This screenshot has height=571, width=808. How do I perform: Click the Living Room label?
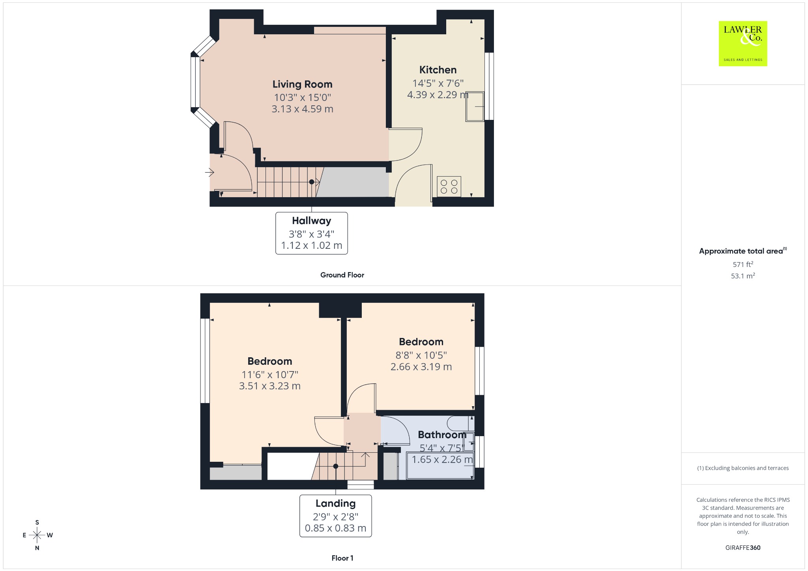(x=302, y=84)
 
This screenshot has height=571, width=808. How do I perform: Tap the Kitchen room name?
(x=438, y=70)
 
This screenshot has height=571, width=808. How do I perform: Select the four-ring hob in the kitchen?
(x=449, y=187)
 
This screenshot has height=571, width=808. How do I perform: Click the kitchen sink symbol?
(x=475, y=106)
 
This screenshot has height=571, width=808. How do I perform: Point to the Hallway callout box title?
(x=312, y=221)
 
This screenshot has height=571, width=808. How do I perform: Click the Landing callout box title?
(x=336, y=504)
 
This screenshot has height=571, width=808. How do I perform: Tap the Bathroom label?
(x=442, y=435)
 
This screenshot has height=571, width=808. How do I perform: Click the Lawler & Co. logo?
(x=743, y=43)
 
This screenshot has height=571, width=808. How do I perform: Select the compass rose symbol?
(x=37, y=535)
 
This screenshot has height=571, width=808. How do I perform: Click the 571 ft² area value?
(x=743, y=264)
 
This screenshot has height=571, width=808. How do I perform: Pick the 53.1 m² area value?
(x=743, y=276)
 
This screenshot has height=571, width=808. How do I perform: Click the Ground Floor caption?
(x=342, y=275)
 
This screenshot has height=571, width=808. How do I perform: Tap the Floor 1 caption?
(x=342, y=558)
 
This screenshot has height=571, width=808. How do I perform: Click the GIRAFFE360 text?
(x=743, y=547)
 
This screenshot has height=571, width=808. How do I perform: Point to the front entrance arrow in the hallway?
(x=209, y=172)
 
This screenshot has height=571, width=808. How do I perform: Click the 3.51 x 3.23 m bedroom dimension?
(x=270, y=386)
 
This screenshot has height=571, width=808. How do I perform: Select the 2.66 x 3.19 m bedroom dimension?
(x=421, y=367)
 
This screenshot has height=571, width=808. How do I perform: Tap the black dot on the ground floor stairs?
(x=312, y=182)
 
